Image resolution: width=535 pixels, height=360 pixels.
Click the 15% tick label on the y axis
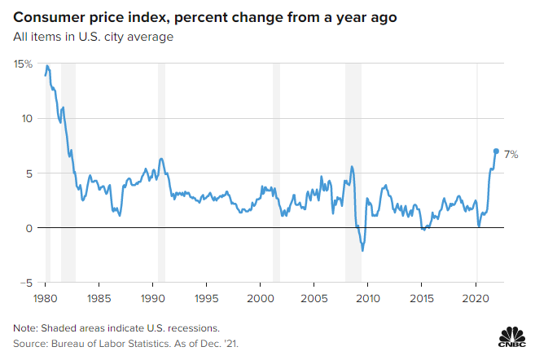tap(23, 64)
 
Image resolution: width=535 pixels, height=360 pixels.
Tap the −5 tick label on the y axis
tap(26, 283)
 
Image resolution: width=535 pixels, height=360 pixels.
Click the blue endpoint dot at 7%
tap(496, 151)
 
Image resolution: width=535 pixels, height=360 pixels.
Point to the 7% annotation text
tap(511, 154)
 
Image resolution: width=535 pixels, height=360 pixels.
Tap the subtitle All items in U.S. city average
tap(93, 37)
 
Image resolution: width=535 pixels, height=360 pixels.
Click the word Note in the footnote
tap(26, 327)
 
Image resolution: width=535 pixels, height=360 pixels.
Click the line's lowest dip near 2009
tap(362, 250)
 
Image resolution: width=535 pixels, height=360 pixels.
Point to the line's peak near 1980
tap(48, 66)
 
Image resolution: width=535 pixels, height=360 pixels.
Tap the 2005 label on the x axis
tap(314, 298)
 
